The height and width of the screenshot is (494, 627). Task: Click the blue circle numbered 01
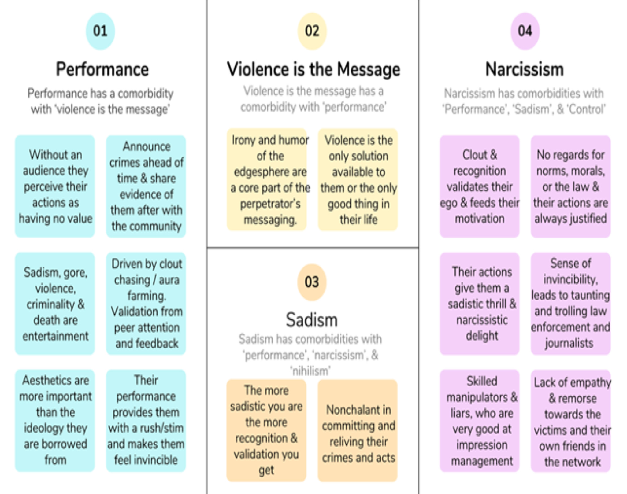(100, 31)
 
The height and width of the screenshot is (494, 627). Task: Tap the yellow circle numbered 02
(312, 31)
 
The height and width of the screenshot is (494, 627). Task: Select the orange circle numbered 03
(312, 282)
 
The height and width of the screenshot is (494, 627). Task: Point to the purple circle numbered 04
(525, 31)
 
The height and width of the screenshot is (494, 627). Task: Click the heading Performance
(102, 69)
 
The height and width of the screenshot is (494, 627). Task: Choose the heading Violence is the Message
(313, 69)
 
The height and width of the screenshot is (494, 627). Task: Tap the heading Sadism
(312, 320)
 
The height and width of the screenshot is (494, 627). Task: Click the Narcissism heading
(525, 69)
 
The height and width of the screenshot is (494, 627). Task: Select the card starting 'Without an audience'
(55, 186)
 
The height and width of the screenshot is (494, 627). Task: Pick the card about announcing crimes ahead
(146, 186)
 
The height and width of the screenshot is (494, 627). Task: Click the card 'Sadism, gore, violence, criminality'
(55, 304)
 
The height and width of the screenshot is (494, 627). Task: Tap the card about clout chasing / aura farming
(146, 304)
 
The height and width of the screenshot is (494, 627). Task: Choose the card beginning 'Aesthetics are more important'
(55, 420)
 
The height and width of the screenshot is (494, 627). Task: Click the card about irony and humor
(267, 180)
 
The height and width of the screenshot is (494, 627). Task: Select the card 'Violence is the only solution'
(358, 180)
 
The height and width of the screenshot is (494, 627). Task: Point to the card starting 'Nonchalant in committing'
(358, 431)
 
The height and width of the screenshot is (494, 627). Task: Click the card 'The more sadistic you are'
(266, 431)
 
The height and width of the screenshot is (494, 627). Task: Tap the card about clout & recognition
(480, 186)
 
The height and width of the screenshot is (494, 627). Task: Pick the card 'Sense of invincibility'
(571, 304)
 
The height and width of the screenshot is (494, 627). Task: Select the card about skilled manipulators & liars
(480, 421)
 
